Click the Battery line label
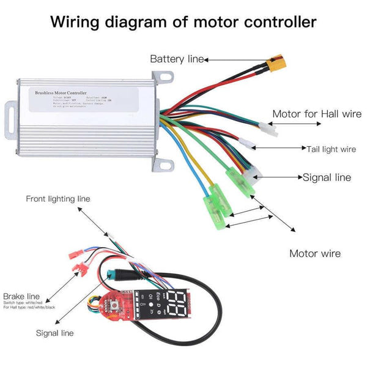click(x=177, y=59)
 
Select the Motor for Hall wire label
click(x=312, y=113)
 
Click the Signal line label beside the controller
click(x=327, y=177)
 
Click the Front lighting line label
click(x=57, y=199)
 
